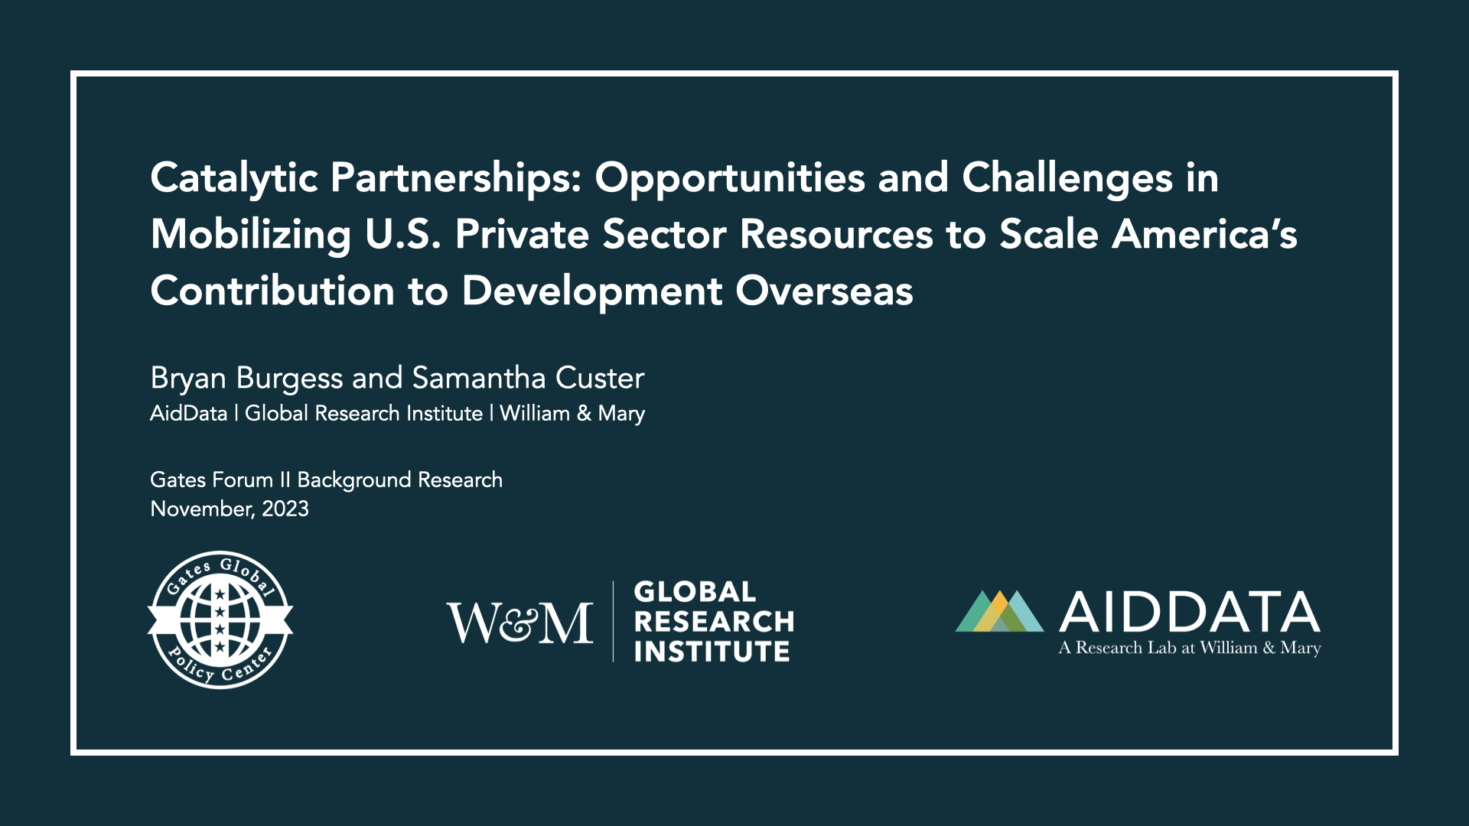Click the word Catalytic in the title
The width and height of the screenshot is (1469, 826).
(x=234, y=179)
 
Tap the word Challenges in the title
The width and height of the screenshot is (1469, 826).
(x=1067, y=179)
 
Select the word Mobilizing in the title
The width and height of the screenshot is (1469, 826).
(x=251, y=236)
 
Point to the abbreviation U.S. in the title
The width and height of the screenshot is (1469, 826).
(x=403, y=234)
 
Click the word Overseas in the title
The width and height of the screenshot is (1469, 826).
(x=825, y=291)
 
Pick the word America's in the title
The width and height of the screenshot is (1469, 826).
(x=1205, y=234)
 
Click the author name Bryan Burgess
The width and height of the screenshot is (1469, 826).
(x=246, y=379)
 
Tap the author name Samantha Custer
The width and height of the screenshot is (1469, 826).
(x=528, y=378)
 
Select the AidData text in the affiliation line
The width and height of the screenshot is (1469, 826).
(x=189, y=414)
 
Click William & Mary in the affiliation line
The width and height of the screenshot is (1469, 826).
(x=572, y=414)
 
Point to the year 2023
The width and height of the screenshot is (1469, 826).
(x=285, y=509)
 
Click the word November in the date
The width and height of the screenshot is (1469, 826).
(x=203, y=509)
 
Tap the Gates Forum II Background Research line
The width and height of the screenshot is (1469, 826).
(x=327, y=480)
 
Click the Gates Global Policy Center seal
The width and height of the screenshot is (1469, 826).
(x=220, y=620)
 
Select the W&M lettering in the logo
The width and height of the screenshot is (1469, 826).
(x=520, y=623)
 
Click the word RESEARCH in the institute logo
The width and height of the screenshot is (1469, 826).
(x=714, y=622)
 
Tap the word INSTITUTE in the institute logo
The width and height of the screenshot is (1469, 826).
(x=712, y=652)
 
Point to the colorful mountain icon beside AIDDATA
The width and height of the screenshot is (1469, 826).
(x=999, y=611)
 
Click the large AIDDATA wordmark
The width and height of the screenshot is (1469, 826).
(x=1190, y=612)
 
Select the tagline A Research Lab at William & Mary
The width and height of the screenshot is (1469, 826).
(x=1190, y=649)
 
